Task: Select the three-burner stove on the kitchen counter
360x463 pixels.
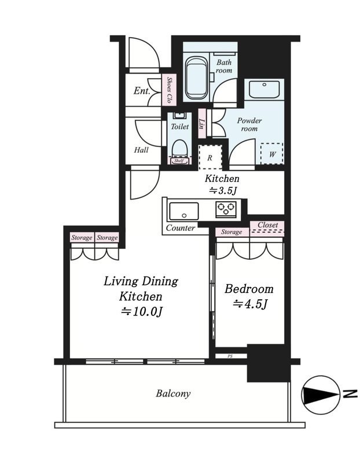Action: (x=226, y=209)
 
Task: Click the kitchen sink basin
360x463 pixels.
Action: (x=183, y=211)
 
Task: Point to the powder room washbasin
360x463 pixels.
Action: (x=264, y=89)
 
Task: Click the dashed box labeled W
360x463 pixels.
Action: (x=271, y=154)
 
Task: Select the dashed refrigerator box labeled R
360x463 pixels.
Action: (x=210, y=157)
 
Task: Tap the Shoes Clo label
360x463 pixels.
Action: (x=170, y=90)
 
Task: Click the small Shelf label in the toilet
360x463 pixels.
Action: (x=179, y=161)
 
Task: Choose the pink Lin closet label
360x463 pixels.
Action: (x=202, y=123)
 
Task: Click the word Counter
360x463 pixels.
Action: (x=181, y=228)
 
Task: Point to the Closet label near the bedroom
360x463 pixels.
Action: (x=267, y=225)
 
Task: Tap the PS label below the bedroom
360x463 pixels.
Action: (x=230, y=356)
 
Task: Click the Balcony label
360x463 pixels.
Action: (x=173, y=394)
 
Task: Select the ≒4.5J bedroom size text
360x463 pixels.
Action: (x=250, y=304)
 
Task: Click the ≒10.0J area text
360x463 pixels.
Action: (x=141, y=311)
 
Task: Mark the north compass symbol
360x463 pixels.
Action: (x=321, y=395)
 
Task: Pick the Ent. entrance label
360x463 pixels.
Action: (x=142, y=91)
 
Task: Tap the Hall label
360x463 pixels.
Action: (x=141, y=150)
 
